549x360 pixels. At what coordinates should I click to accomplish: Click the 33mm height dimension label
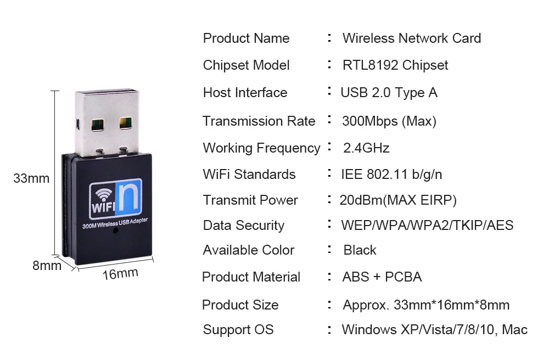click(31, 178)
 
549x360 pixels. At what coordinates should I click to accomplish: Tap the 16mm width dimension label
click(120, 273)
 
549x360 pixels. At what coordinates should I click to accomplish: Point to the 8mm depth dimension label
click(47, 266)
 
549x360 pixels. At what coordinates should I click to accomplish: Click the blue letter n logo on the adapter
click(131, 198)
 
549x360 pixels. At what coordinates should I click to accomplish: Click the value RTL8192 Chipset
click(395, 65)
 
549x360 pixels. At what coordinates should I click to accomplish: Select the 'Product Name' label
click(246, 38)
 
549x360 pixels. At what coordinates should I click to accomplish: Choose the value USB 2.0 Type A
click(389, 93)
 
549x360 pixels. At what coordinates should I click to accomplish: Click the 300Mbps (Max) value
click(389, 121)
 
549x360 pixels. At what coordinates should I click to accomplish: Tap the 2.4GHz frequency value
click(366, 148)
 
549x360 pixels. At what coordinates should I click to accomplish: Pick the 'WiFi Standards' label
click(249, 175)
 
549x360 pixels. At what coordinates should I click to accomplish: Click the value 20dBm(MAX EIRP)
click(398, 200)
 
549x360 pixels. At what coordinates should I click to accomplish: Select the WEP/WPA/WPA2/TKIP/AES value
click(427, 226)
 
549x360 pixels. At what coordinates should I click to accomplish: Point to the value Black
click(360, 250)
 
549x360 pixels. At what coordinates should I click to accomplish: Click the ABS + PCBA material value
click(382, 277)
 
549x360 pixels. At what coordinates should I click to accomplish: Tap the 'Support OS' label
click(238, 330)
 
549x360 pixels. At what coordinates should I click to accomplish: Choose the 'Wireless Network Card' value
click(412, 38)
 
